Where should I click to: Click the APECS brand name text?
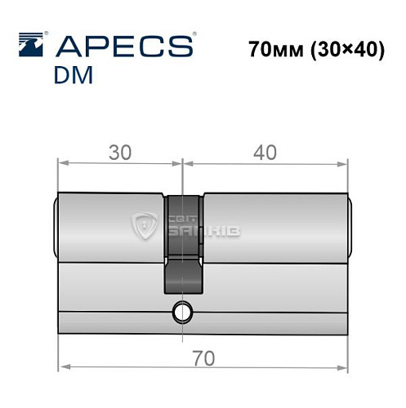tap(124, 47)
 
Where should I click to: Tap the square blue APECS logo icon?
tap(31, 45)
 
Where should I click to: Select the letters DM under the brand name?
tap(74, 75)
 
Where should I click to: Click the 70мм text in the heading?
tap(276, 50)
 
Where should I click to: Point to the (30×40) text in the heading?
tap(348, 50)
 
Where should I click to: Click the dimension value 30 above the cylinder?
tap(120, 153)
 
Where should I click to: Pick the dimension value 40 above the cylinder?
tap(265, 153)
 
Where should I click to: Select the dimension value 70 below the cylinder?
tap(204, 358)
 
